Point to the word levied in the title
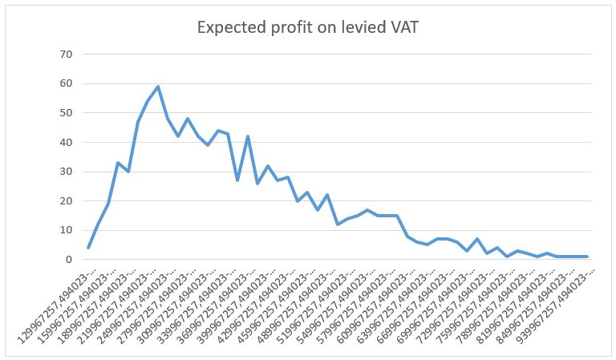pos(361,28)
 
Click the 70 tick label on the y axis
pos(66,55)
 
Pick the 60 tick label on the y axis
pos(66,83)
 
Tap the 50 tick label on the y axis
pos(66,113)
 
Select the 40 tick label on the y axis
pos(66,142)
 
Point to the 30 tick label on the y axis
pos(66,172)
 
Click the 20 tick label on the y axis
pos(66,200)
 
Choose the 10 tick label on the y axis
pos(66,230)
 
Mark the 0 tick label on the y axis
pos(69,260)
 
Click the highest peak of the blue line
pos(158,87)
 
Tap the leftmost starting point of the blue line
pos(88,248)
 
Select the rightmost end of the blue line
pos(587,257)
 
